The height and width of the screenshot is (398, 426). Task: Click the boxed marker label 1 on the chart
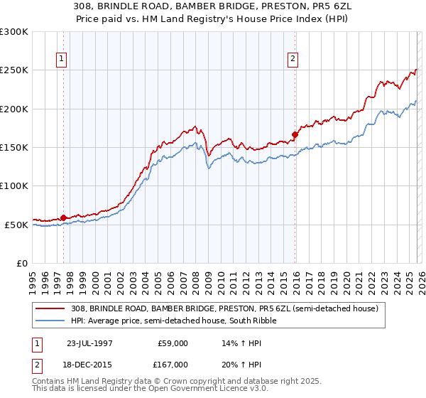(x=62, y=60)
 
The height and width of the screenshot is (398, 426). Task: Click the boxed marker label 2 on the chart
(x=293, y=60)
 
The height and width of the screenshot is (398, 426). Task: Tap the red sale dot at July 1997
(x=64, y=217)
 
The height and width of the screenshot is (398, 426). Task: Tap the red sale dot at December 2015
(x=295, y=134)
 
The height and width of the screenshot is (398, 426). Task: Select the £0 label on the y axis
(x=22, y=263)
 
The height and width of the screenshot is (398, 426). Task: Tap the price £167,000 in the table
(x=174, y=364)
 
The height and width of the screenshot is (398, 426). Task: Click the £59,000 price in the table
(x=174, y=343)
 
